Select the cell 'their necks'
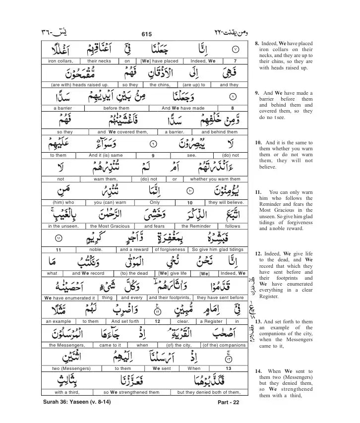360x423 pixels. coord(99,61)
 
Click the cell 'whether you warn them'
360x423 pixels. coord(215,179)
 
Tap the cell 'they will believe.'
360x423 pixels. coord(226,202)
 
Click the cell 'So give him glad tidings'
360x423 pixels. coord(218,249)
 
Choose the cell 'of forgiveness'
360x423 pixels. coord(170,249)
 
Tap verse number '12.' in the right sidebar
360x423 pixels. coord(258,253)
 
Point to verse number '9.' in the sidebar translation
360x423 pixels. coord(257,93)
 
